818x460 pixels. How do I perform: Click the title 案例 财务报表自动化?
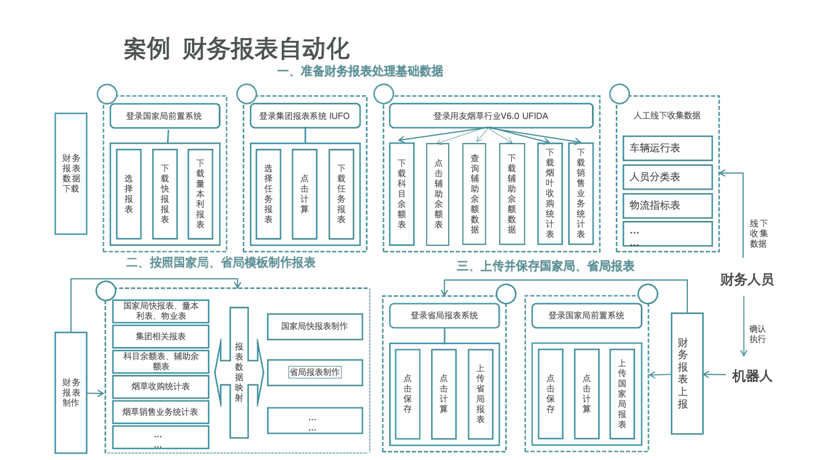click(236, 49)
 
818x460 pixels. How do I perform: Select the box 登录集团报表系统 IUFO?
click(304, 116)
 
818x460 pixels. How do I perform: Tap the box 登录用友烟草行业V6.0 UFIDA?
click(491, 116)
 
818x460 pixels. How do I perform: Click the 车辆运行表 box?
click(667, 148)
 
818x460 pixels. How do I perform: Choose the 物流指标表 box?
click(667, 206)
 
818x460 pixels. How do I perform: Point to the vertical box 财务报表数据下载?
click(71, 173)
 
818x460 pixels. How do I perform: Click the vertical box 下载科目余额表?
click(402, 194)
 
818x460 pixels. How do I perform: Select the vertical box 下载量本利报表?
click(200, 194)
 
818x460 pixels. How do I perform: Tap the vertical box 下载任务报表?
click(341, 194)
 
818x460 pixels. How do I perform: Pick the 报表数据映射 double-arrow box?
click(239, 373)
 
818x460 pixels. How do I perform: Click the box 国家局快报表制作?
click(315, 327)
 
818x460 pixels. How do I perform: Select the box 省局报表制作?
click(315, 373)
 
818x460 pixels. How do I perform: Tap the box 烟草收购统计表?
click(160, 387)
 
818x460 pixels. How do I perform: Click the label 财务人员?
click(746, 279)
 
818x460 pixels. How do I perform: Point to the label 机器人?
click(752, 376)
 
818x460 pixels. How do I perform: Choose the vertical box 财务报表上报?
click(683, 373)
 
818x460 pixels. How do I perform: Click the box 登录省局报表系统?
click(444, 316)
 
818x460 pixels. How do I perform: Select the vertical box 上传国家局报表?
click(622, 394)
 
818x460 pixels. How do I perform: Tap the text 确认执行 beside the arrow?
click(757, 334)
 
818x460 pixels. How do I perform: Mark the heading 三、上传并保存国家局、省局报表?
click(545, 266)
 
